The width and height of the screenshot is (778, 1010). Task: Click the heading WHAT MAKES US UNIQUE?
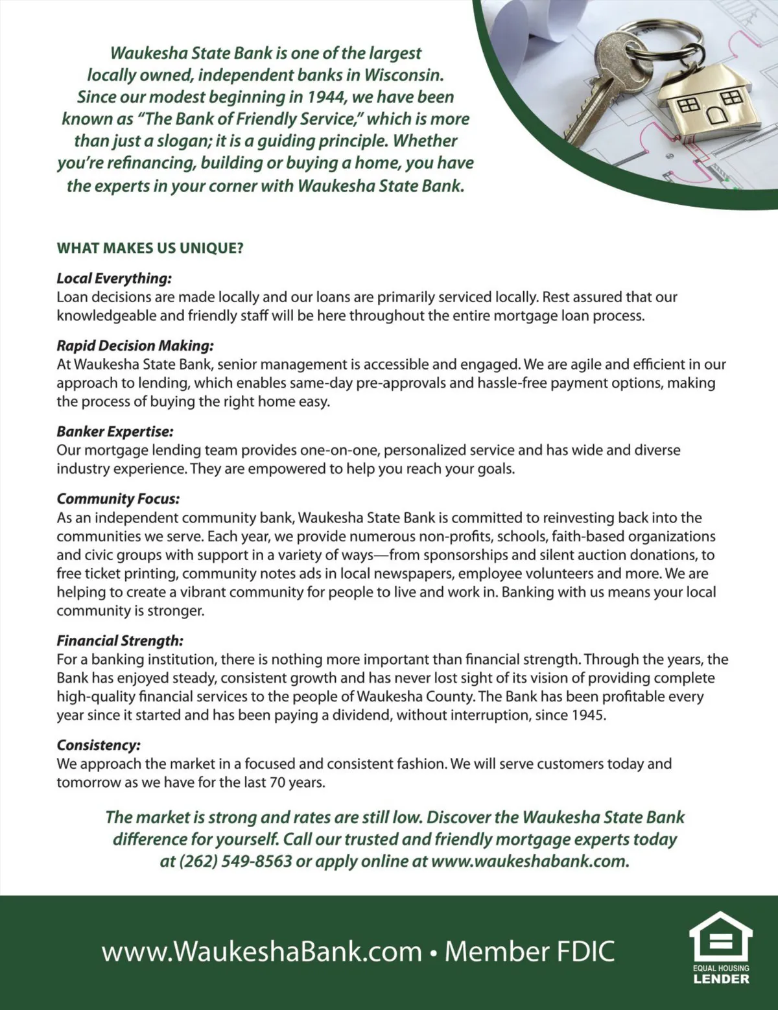point(150,248)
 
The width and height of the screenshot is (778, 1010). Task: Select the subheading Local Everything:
point(114,279)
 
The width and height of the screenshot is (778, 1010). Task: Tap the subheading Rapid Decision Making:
point(135,346)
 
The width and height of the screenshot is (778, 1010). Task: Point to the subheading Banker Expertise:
point(115,432)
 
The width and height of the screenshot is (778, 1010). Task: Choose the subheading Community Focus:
point(118,499)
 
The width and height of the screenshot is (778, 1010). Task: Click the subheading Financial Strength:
point(120,641)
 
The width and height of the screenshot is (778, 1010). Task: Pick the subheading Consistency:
point(99,746)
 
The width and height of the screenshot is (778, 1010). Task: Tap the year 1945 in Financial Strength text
point(589,716)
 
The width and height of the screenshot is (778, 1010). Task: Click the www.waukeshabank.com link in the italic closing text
point(529,862)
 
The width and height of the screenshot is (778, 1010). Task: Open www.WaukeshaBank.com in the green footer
point(262,952)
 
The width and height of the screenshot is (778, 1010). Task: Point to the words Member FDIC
point(530,952)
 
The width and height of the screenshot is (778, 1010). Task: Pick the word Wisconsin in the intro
point(404,75)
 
